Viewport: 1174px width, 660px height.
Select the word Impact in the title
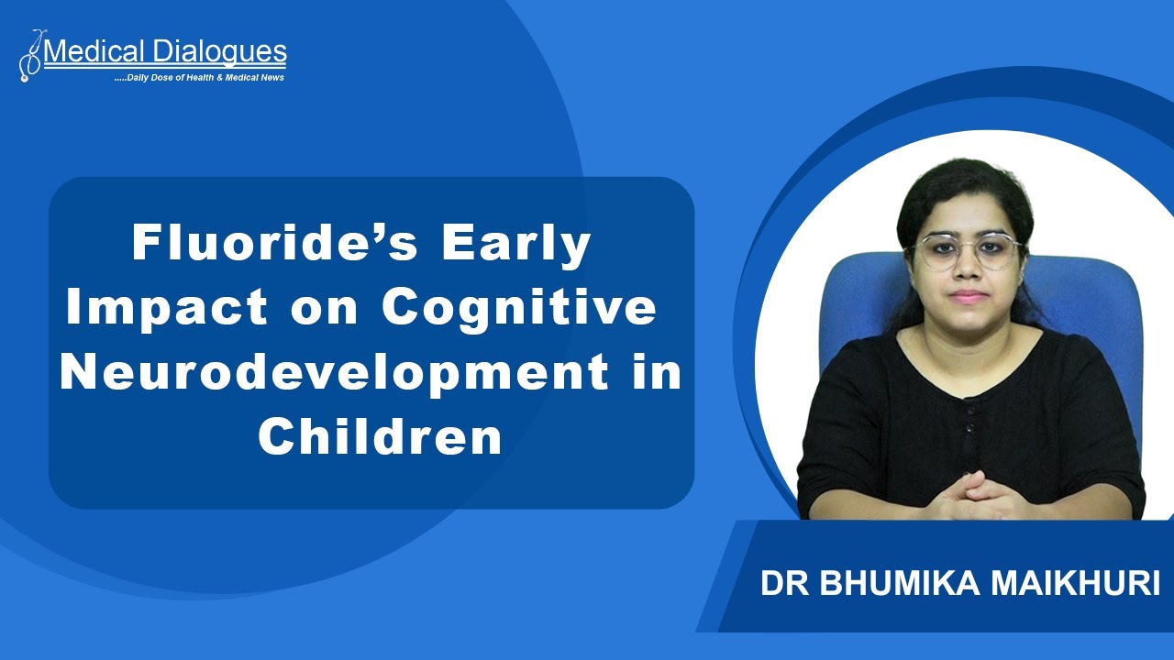(168, 309)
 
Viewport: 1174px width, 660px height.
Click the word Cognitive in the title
(519, 309)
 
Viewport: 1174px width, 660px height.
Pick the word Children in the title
(380, 437)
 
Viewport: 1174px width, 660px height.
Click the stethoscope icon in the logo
(30, 57)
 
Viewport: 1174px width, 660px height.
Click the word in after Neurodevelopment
(658, 374)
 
